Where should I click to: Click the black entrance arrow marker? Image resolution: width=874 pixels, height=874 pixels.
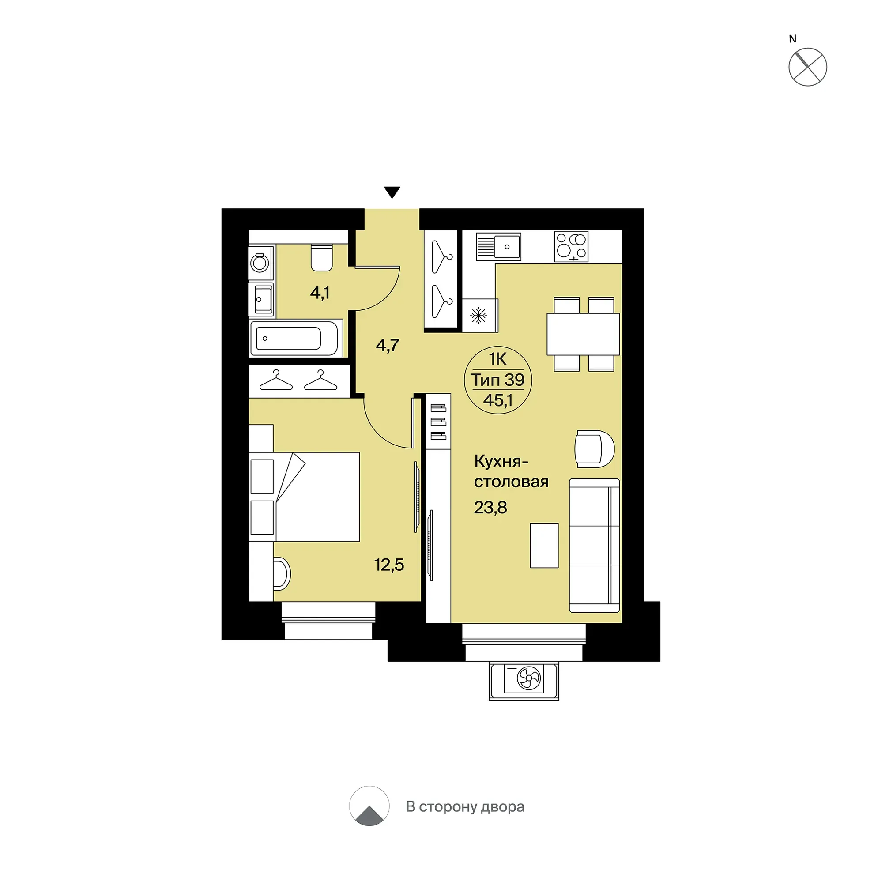click(392, 192)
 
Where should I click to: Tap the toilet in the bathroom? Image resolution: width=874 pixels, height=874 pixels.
click(322, 257)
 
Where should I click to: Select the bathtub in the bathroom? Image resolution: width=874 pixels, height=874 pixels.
click(294, 339)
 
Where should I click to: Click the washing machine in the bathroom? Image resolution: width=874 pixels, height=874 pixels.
click(260, 262)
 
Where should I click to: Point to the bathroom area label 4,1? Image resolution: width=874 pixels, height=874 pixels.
click(320, 293)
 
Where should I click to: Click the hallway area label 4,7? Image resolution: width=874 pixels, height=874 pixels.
click(387, 346)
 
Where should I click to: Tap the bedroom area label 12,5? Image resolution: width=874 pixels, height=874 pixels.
click(389, 565)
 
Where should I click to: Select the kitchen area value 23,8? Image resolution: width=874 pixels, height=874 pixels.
click(490, 508)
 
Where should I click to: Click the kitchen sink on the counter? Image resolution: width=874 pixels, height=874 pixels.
click(498, 247)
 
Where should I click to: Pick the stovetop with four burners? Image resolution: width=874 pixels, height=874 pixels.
click(571, 247)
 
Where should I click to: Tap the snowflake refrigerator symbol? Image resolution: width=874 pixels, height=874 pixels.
click(478, 315)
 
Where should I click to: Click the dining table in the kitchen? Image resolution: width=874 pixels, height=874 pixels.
click(583, 334)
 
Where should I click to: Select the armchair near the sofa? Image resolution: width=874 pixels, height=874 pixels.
click(595, 449)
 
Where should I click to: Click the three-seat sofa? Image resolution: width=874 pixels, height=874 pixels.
click(595, 546)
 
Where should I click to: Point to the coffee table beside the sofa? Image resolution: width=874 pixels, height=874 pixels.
click(544, 546)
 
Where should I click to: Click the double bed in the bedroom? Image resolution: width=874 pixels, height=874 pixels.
click(305, 497)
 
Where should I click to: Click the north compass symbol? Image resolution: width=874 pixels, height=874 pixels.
click(807, 67)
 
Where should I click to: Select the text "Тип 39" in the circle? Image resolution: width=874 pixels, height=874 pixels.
click(497, 380)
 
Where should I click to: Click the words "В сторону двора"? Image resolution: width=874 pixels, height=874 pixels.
click(465, 806)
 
